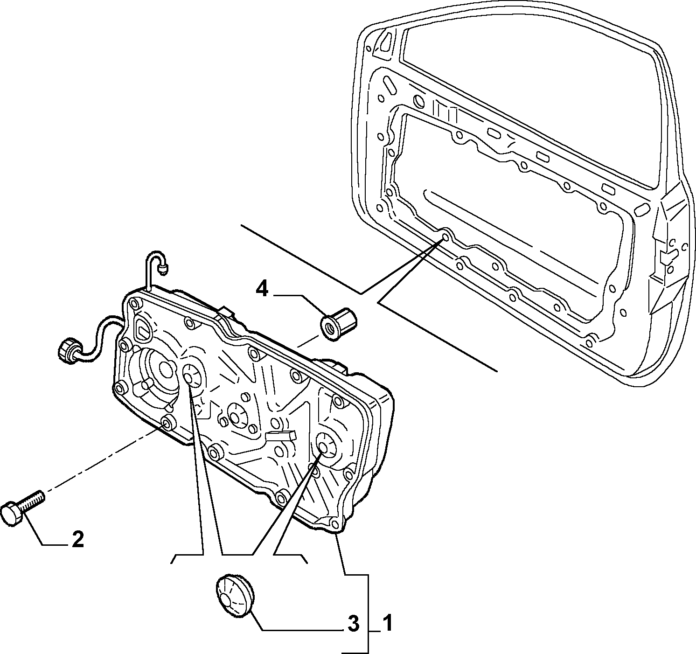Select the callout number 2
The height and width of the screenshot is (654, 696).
pyautogui.click(x=77, y=539)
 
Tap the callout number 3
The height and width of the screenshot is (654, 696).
pyautogui.click(x=353, y=624)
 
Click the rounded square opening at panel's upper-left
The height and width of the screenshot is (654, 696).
pyautogui.click(x=143, y=330)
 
